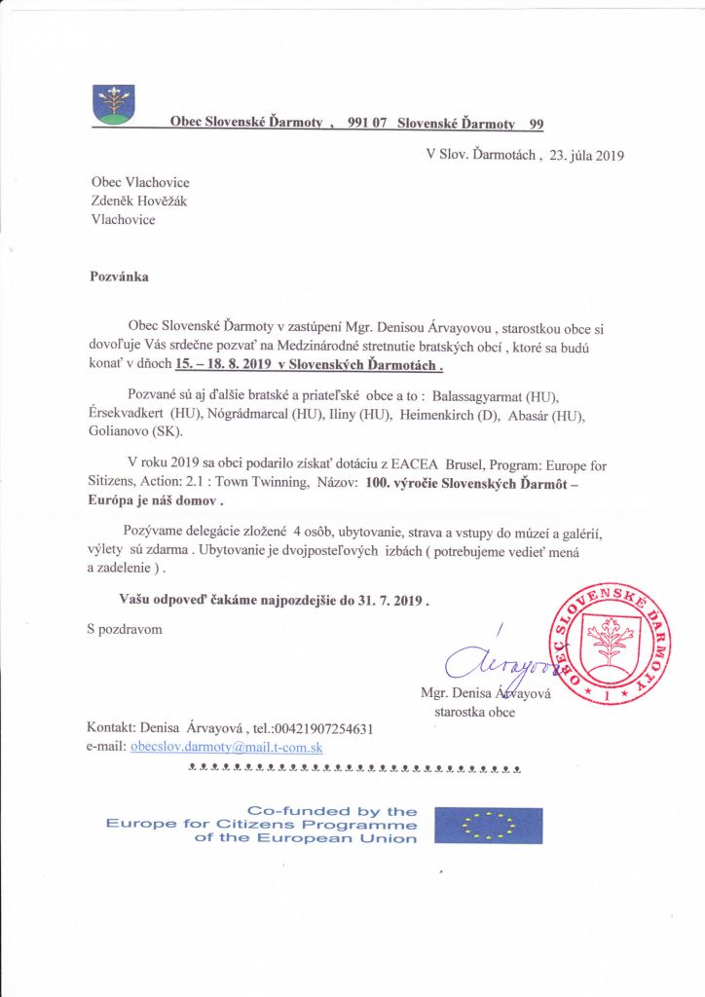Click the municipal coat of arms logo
[114, 104]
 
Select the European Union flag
[488, 825]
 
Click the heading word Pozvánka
[120, 276]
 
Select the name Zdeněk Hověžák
[138, 201]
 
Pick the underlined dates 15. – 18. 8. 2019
[224, 366]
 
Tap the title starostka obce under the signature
[474, 712]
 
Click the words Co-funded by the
[332, 811]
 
